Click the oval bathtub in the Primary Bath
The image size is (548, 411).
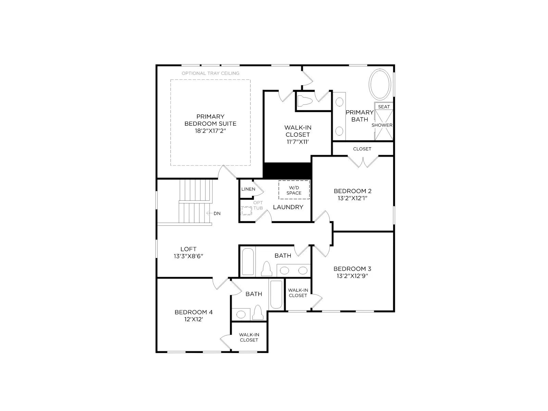380,84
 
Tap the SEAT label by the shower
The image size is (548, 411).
384,107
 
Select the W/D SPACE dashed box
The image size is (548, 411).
294,190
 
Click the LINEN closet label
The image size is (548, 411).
248,189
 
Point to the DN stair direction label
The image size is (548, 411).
217,213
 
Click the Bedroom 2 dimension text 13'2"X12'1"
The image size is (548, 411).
352,198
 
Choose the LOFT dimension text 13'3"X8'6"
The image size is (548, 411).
188,256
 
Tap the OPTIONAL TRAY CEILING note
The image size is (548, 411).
210,73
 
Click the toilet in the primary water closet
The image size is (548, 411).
305,101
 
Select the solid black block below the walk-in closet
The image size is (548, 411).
287,171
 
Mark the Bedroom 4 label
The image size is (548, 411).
194,312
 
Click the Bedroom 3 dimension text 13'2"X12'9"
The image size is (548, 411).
352,276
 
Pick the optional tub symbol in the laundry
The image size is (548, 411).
246,211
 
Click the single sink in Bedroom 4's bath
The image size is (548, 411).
241,314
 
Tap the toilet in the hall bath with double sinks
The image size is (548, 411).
266,269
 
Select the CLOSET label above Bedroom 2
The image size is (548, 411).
362,149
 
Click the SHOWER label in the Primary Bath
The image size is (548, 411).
382,125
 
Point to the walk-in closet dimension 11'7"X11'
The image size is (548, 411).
298,142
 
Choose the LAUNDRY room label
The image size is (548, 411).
288,207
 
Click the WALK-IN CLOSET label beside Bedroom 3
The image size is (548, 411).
298,293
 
